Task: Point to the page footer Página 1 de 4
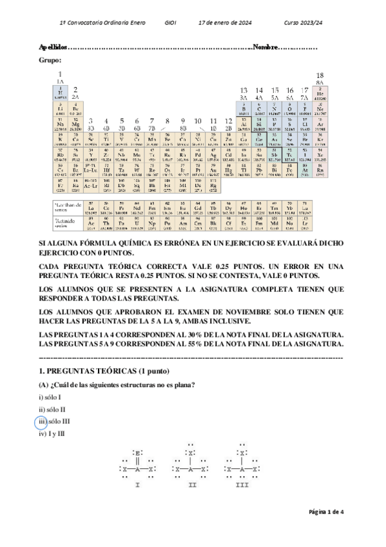tap(327, 512)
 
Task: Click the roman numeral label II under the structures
tap(192, 485)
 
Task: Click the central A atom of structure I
tap(139, 470)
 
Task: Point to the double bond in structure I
tap(139, 461)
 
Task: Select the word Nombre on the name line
tap(266, 47)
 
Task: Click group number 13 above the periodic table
tap(244, 90)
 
